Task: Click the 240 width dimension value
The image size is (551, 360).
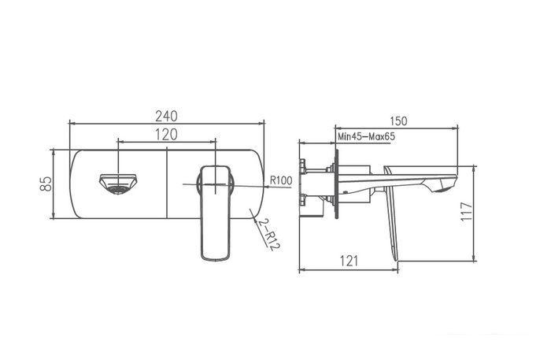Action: pos(166,113)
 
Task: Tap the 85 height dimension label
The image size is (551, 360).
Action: pos(46,184)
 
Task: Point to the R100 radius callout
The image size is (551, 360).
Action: pos(280,180)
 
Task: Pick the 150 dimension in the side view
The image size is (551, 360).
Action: pos(398,121)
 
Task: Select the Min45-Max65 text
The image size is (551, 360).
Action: pos(366,137)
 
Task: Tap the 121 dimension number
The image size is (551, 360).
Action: pos(349,260)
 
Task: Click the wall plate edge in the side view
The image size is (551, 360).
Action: pos(339,185)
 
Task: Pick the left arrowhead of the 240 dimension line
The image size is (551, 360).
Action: pos(73,123)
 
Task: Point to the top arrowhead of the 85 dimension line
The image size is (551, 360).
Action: pos(54,150)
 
